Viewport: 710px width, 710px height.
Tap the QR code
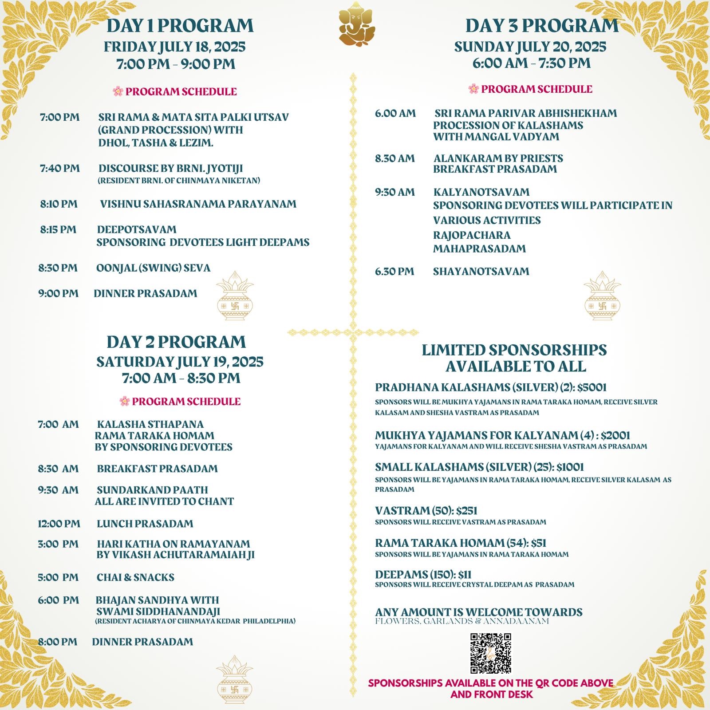tap(490, 653)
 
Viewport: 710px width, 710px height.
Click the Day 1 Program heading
tap(180, 26)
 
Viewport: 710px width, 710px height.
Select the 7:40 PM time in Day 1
tap(60, 169)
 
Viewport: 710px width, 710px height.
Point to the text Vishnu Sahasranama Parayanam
tap(198, 204)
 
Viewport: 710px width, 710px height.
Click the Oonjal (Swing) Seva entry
tap(153, 268)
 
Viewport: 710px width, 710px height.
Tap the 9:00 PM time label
tap(58, 293)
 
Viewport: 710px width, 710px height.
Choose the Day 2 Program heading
tap(176, 342)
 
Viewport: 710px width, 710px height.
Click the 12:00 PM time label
tap(59, 524)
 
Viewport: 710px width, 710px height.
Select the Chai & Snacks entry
tap(135, 577)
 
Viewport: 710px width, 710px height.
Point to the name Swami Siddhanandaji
tap(158, 611)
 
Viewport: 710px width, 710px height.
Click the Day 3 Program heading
tap(542, 26)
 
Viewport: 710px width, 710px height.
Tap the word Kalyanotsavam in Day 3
tap(481, 192)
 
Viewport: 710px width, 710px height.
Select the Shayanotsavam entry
tap(481, 271)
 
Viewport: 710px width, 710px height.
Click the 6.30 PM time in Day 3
tap(394, 271)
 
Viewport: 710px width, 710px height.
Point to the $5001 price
tap(592, 387)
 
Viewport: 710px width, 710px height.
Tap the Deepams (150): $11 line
tap(423, 575)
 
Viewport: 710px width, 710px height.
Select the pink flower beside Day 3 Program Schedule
tap(473, 89)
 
